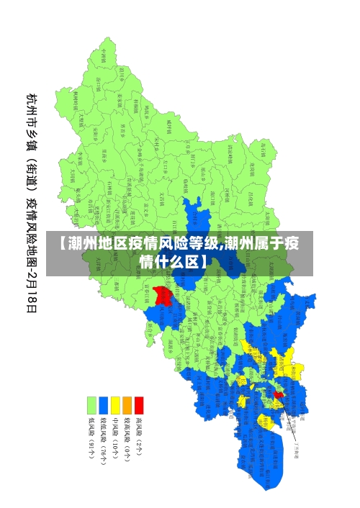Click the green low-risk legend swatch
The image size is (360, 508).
pyautogui.click(x=91, y=404)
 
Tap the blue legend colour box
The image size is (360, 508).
pyautogui.click(x=104, y=404)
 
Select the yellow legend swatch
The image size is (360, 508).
pyautogui.click(x=115, y=404)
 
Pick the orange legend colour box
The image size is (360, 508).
pyautogui.click(x=127, y=404)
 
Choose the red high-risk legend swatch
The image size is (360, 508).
pyautogui.click(x=139, y=404)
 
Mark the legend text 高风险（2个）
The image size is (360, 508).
pyautogui.click(x=139, y=436)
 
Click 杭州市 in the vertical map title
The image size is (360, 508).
pyautogui.click(x=32, y=108)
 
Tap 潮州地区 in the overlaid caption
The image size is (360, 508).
pyautogui.click(x=94, y=243)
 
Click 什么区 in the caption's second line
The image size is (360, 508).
pyautogui.click(x=177, y=261)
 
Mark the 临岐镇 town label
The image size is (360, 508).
pyautogui.click(x=170, y=126)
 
